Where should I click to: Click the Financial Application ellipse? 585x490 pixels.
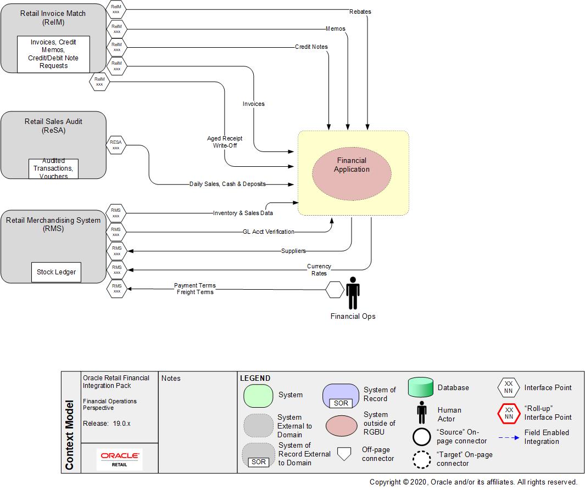[x=352, y=173]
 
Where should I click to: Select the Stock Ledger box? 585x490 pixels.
[x=56, y=272]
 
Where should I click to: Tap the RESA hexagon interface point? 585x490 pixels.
[x=116, y=145]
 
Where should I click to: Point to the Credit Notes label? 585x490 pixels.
[x=311, y=47]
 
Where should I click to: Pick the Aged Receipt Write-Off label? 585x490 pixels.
[x=225, y=142]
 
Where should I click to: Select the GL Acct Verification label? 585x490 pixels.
[x=268, y=232]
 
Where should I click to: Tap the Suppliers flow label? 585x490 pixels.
[x=293, y=251]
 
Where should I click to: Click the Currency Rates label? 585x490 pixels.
[x=319, y=270]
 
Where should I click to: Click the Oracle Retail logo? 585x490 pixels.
[x=119, y=459]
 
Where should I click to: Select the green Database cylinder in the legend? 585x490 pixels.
[x=421, y=387]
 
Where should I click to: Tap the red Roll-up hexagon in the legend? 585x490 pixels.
[x=509, y=413]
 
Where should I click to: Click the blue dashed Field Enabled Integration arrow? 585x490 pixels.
[x=509, y=437]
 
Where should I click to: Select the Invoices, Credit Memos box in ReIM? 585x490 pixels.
[x=53, y=54]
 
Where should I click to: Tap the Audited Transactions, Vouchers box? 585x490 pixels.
[x=53, y=168]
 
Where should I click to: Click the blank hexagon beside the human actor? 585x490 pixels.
[x=335, y=289]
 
